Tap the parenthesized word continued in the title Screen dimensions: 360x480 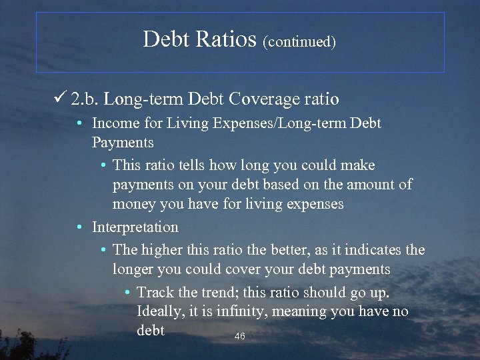tap(299, 42)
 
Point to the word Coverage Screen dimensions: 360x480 tap(261, 99)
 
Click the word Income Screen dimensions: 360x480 tap(116, 123)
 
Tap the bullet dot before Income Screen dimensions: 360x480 tap(79, 124)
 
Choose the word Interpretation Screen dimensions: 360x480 tap(135, 227)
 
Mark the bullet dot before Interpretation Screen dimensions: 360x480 tap(79, 228)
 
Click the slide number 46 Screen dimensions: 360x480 tap(240, 337)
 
